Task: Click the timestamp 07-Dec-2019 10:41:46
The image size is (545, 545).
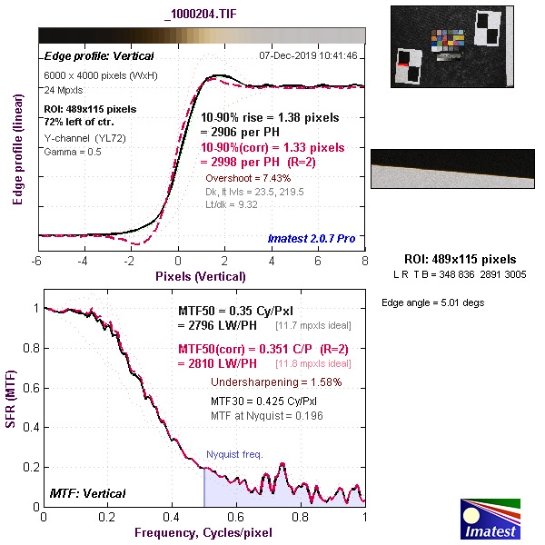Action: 308,55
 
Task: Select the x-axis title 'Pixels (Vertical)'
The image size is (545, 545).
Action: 200,276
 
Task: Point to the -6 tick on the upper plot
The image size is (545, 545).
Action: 38,262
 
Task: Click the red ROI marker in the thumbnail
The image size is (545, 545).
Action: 402,64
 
